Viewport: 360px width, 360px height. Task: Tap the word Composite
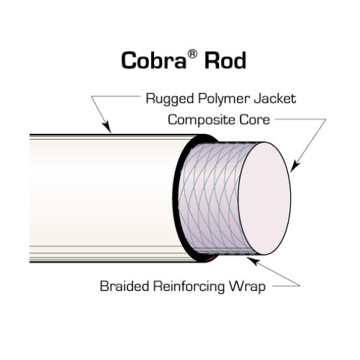click(x=199, y=120)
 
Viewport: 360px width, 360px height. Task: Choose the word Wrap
click(x=247, y=287)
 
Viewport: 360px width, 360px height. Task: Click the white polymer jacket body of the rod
click(x=101, y=198)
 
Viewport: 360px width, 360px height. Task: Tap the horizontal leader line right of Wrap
click(x=284, y=287)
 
